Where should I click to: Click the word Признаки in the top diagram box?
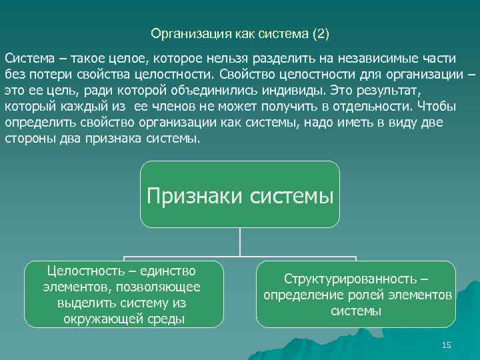(193, 195)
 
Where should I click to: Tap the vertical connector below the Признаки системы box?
(240, 242)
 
